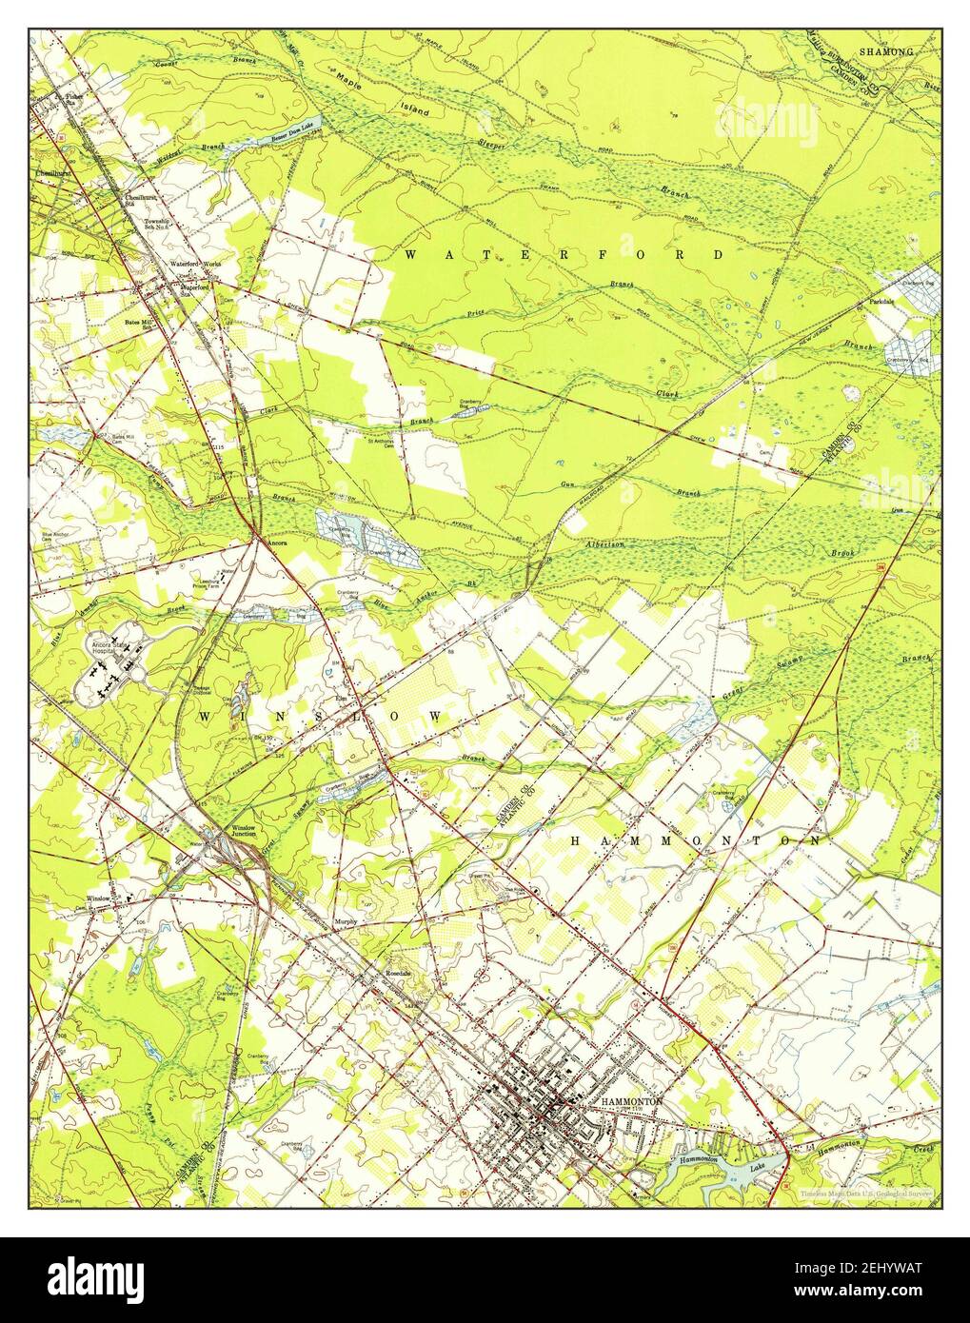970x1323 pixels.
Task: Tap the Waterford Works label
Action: click(x=195, y=264)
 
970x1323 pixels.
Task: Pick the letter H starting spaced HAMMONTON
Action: click(x=577, y=841)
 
